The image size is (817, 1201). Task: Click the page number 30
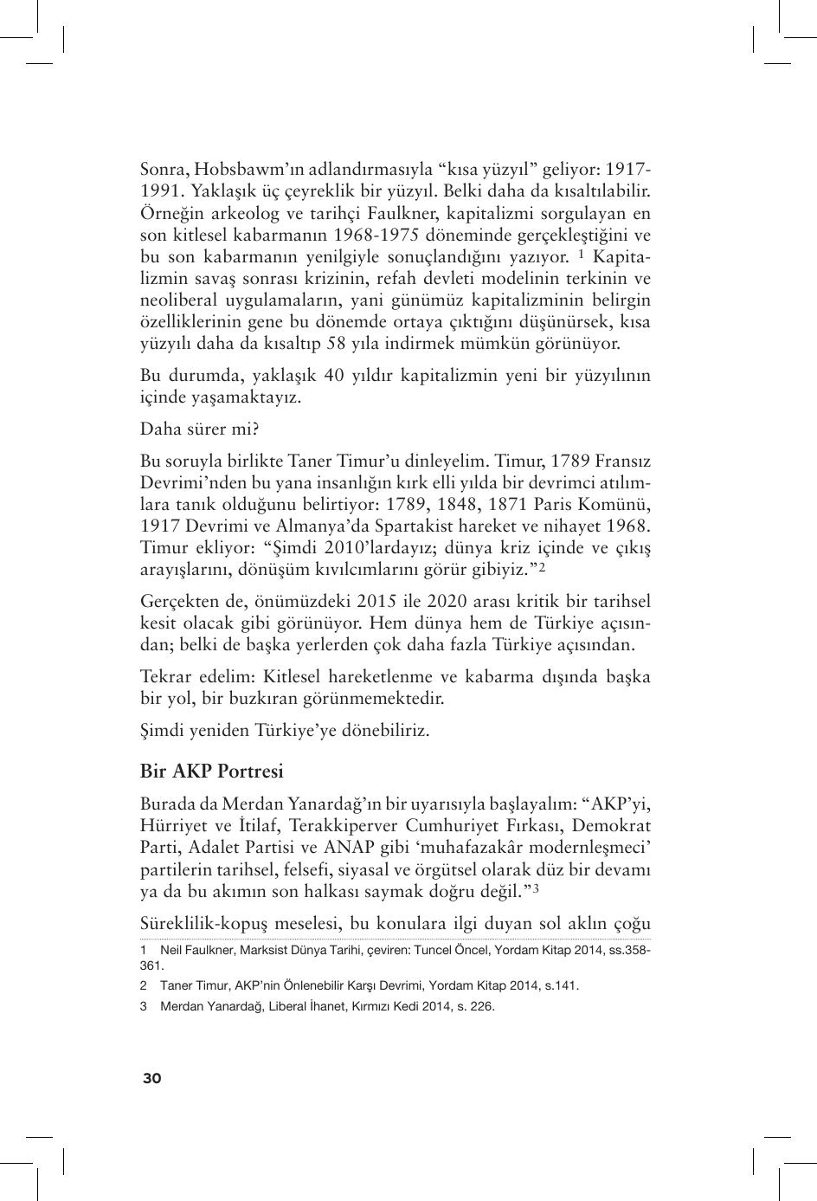(151, 1078)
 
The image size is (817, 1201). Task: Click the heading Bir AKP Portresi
(211, 772)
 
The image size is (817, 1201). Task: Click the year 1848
(467, 505)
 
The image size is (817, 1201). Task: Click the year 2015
(376, 602)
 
